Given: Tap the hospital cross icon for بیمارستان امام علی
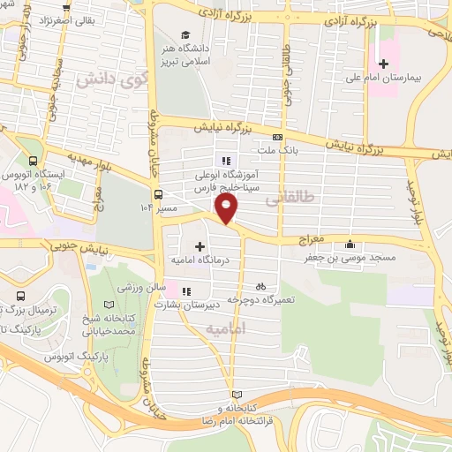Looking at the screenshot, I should (x=382, y=64).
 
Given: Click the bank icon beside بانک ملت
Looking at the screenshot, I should (x=278, y=137).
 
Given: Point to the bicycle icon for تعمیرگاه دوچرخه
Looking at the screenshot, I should (x=260, y=286).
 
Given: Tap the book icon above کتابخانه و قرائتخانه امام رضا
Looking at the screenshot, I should (x=234, y=394).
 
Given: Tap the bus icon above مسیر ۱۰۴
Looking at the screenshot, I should (x=158, y=194).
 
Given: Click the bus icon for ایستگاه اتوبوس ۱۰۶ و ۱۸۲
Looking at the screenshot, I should (x=33, y=161).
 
